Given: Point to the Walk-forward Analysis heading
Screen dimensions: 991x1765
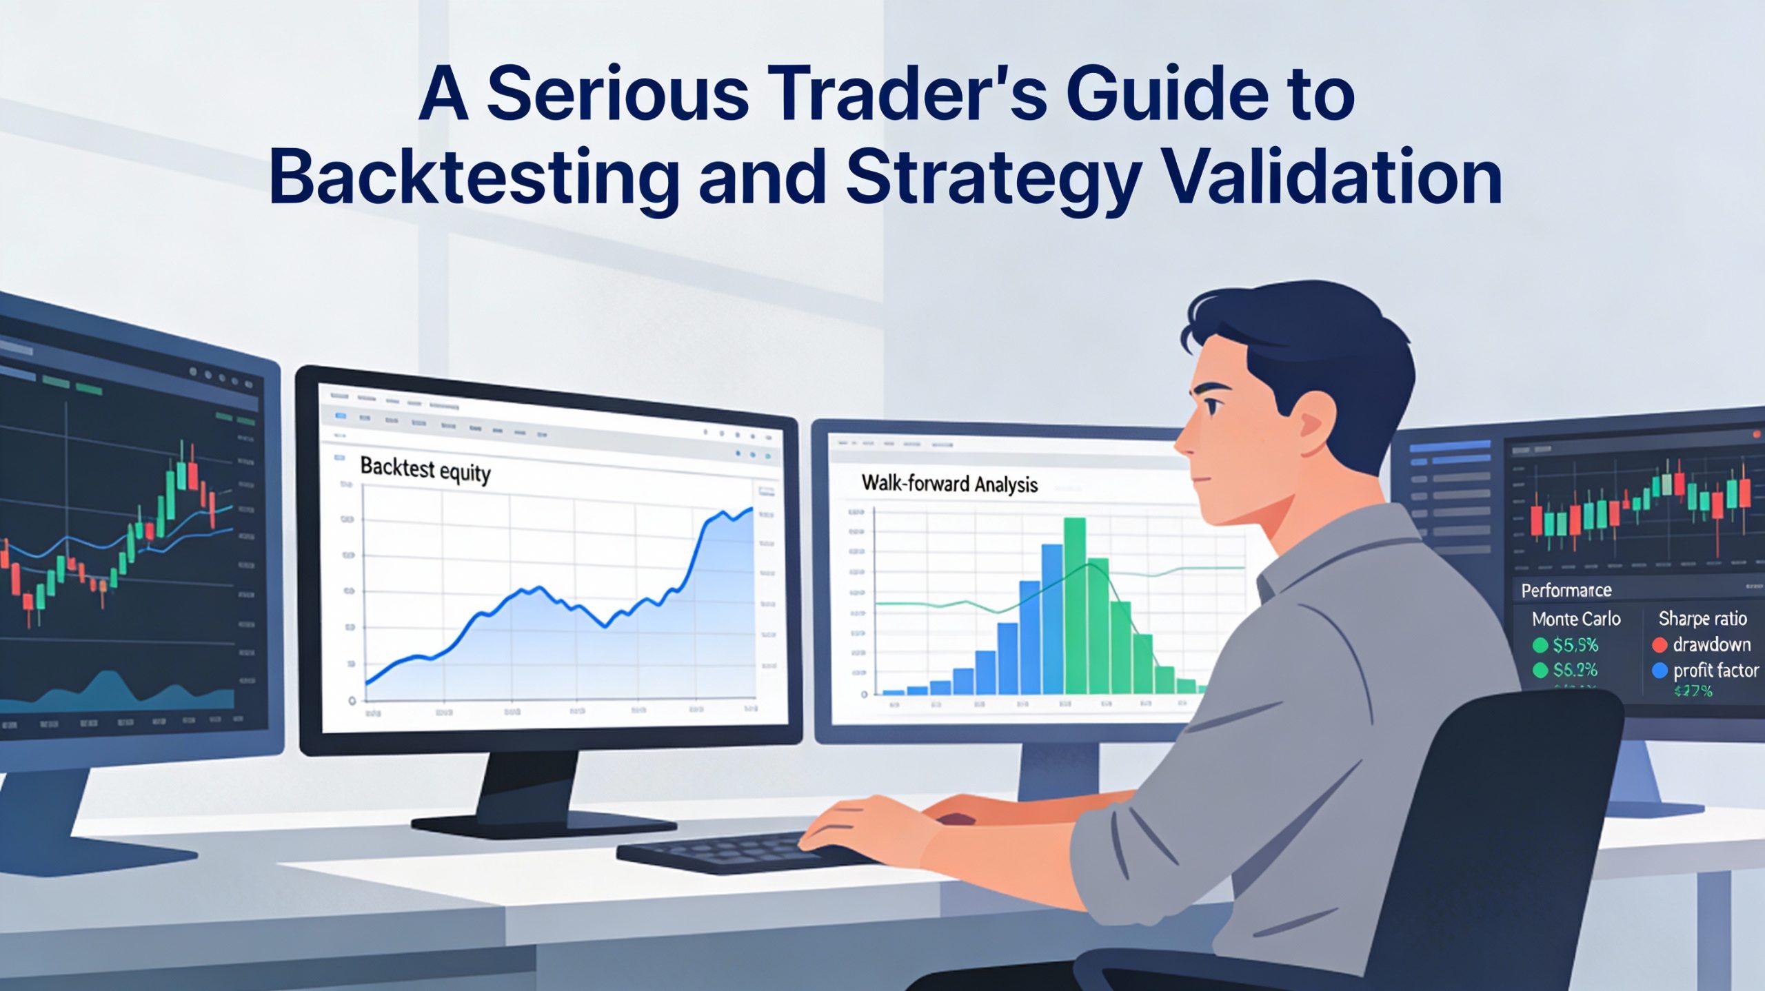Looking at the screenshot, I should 949,484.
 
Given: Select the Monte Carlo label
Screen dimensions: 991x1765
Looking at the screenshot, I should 1576,619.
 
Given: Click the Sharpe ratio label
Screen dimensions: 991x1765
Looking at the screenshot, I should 1702,618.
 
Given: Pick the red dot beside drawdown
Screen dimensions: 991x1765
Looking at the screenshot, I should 1660,645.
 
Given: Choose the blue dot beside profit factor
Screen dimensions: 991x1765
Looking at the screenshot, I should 1660,671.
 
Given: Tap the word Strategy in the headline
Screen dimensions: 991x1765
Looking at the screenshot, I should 993,178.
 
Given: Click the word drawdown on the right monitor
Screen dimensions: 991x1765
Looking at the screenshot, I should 1711,645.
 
